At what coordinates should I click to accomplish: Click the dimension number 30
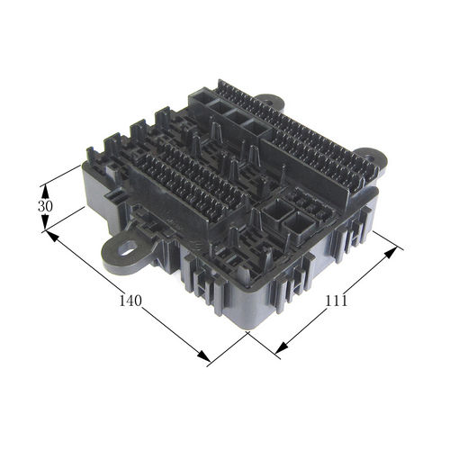(x=45, y=206)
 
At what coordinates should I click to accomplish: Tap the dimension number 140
(x=130, y=301)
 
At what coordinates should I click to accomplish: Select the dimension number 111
(x=336, y=301)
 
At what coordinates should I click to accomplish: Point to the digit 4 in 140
(x=130, y=301)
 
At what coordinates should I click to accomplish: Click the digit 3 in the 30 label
(x=41, y=206)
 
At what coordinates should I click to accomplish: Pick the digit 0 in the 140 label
(x=138, y=301)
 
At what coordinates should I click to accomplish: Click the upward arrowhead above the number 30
(x=45, y=191)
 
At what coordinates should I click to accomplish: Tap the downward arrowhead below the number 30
(x=45, y=222)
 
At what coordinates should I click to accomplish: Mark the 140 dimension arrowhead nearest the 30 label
(x=51, y=236)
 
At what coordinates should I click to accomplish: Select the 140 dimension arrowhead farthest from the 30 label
(x=203, y=355)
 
